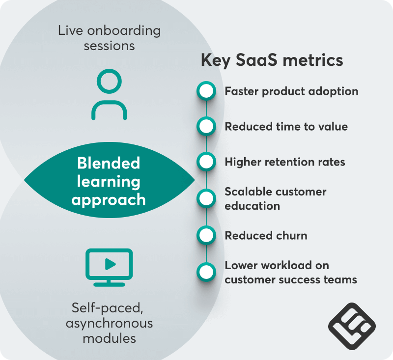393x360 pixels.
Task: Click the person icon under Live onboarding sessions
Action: [109, 95]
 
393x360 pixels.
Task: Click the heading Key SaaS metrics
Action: [272, 60]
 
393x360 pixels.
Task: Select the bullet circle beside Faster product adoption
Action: [206, 91]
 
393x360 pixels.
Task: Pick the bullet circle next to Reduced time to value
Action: [206, 127]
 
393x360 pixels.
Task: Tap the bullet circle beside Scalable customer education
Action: [206, 198]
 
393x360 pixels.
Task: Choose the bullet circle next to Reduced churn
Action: [206, 235]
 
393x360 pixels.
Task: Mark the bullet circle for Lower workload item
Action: [206, 272]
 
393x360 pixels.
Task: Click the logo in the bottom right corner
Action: [352, 326]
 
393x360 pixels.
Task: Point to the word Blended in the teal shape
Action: [109, 163]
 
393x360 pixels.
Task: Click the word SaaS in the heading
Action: [259, 60]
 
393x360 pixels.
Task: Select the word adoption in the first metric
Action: [333, 91]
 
